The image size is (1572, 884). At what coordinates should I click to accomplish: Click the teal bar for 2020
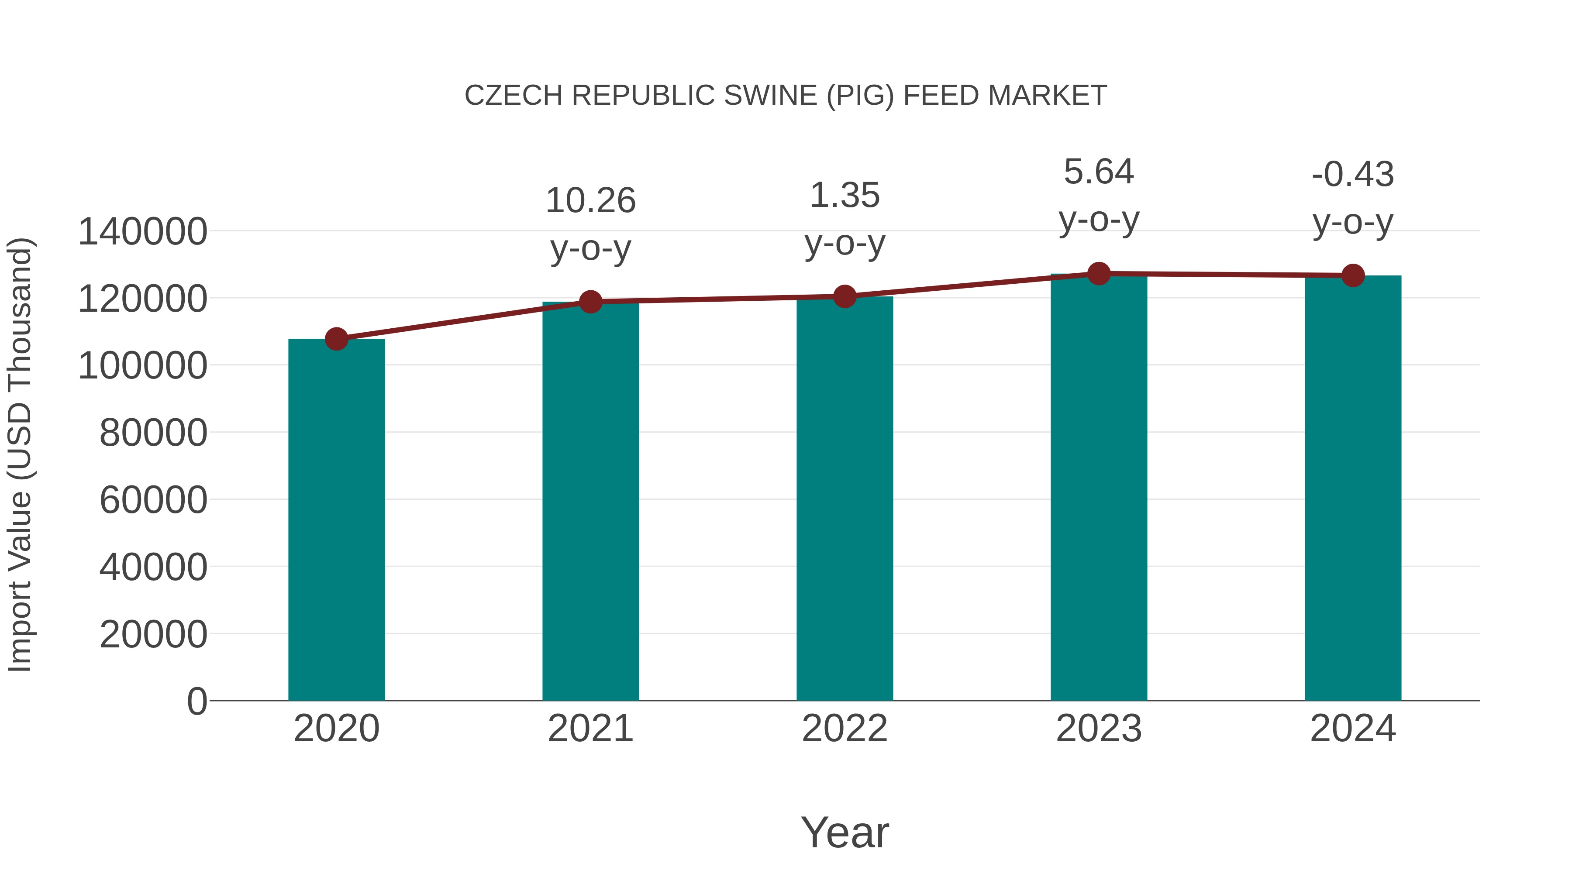pos(336,519)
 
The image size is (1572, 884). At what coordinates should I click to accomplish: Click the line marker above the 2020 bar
pos(336,339)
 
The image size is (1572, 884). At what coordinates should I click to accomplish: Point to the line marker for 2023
pos(1099,274)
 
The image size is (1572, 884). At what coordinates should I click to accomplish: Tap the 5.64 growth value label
pos(1099,172)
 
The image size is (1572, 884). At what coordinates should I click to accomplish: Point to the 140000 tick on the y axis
pos(142,232)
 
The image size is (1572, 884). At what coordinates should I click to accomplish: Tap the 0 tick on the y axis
pos(197,701)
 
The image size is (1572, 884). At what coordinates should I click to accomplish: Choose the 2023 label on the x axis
pos(1099,729)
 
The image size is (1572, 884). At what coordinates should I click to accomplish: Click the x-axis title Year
pos(845,832)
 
